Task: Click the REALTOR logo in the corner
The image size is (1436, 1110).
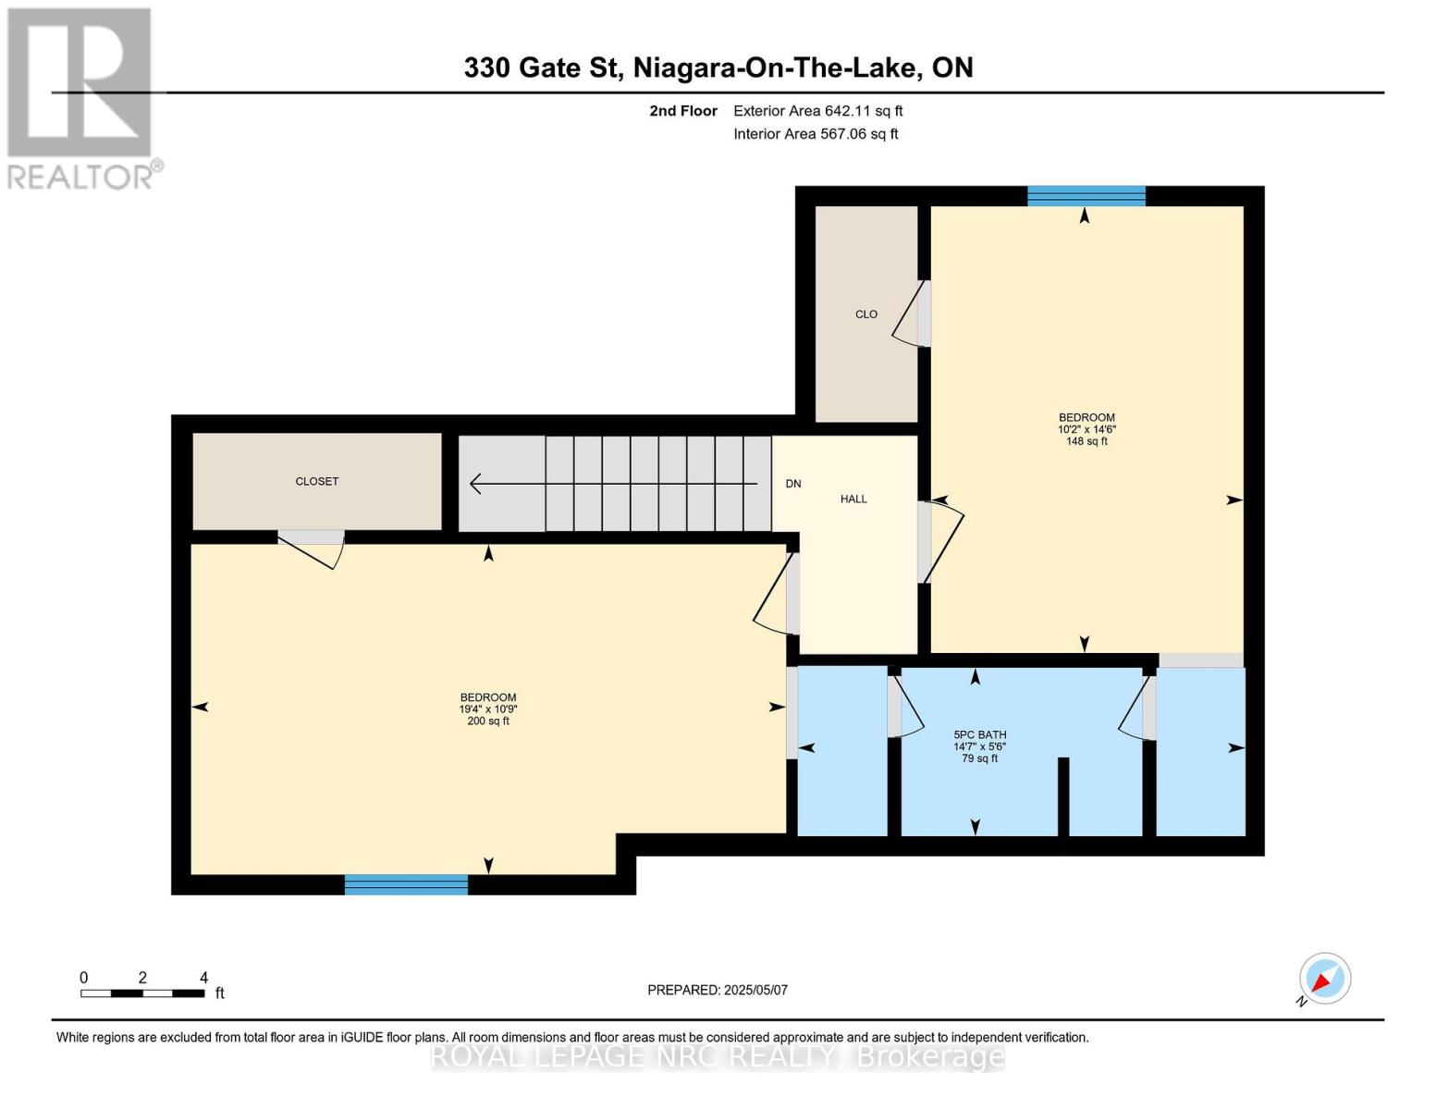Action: click(80, 97)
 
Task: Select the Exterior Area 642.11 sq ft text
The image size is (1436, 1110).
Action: click(817, 111)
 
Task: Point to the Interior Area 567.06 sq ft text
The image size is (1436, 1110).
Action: click(816, 134)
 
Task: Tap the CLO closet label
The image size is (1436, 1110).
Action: click(865, 314)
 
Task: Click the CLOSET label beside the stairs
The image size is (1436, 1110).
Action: click(316, 482)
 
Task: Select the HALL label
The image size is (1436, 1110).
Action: click(853, 499)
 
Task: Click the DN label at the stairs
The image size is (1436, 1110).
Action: click(792, 484)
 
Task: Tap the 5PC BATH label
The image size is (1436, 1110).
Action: click(979, 735)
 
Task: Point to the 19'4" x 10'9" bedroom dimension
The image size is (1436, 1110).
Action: click(487, 709)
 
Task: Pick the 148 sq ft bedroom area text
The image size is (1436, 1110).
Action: click(1086, 441)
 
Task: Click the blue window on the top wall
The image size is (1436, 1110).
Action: click(1086, 195)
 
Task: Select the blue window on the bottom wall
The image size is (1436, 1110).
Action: click(406, 885)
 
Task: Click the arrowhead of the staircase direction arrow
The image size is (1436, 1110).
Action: click(476, 484)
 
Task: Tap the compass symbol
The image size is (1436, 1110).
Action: click(1324, 979)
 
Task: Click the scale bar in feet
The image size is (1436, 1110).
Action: click(142, 993)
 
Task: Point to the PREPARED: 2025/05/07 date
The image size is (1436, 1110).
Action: click(718, 991)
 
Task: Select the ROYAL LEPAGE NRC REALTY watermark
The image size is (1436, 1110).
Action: click(718, 1056)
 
